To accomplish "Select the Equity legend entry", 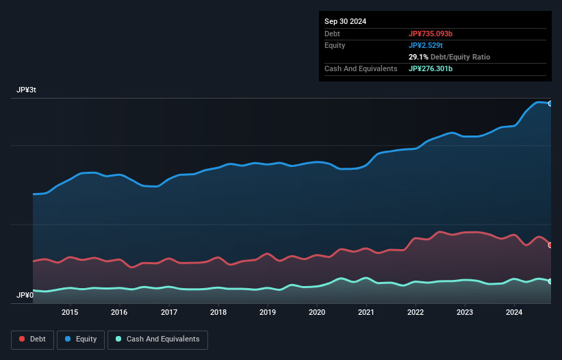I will pyautogui.click(x=81, y=339).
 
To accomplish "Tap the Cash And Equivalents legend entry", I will pyautogui.click(x=157, y=339).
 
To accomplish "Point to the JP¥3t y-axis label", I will pyautogui.click(x=27, y=90).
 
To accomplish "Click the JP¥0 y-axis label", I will pyautogui.click(x=25, y=295).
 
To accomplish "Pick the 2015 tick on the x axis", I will pyautogui.click(x=70, y=312).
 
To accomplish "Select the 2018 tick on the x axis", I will pyautogui.click(x=218, y=312).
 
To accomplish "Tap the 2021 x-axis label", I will pyautogui.click(x=366, y=312).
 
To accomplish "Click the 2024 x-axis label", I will pyautogui.click(x=515, y=312).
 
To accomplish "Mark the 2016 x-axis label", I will pyautogui.click(x=119, y=312).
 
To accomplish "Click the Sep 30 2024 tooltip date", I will pyautogui.click(x=346, y=21).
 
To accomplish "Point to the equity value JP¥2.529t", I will pyautogui.click(x=428, y=45).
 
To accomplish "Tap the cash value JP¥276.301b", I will pyautogui.click(x=435, y=68).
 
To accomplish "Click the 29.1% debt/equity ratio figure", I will pyautogui.click(x=420, y=57).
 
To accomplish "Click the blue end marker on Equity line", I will pyautogui.click(x=550, y=103).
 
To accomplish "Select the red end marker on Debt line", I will pyautogui.click(x=550, y=245).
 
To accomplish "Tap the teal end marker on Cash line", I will pyautogui.click(x=550, y=281).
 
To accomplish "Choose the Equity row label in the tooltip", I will pyautogui.click(x=335, y=45).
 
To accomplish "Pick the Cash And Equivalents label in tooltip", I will pyautogui.click(x=361, y=68).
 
